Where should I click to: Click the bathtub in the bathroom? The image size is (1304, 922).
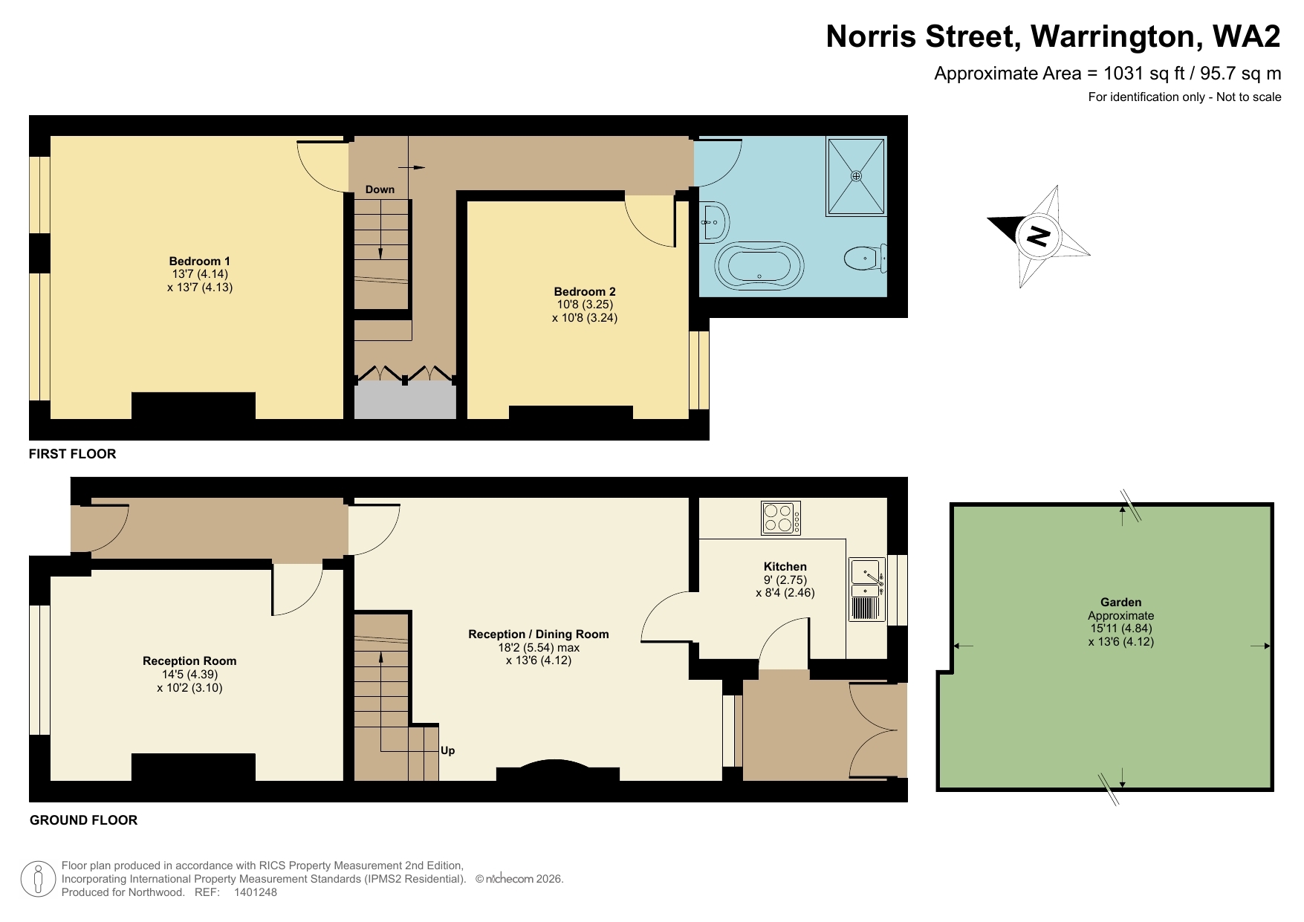(759, 264)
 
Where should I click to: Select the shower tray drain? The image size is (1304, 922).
(856, 176)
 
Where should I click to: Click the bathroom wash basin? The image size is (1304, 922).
(714, 221)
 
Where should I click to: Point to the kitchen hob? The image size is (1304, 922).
(781, 518)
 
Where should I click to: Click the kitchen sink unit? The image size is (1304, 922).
(867, 589)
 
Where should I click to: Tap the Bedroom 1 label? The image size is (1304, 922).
(199, 261)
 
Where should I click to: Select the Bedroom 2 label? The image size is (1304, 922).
(585, 291)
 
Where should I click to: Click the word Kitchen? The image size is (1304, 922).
(785, 566)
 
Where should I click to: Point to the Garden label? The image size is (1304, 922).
(1120, 602)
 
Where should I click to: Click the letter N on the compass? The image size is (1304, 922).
(1038, 236)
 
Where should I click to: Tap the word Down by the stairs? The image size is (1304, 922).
(380, 189)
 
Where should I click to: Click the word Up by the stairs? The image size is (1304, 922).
(447, 750)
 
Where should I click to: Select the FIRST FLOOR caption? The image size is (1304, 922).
(72, 453)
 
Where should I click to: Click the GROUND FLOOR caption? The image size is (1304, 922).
(83, 819)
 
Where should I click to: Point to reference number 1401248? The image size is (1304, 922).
(255, 892)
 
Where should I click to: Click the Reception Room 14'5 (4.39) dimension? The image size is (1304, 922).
(189, 674)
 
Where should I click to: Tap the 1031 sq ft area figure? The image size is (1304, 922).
(1144, 73)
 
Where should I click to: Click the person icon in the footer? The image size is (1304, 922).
(38, 879)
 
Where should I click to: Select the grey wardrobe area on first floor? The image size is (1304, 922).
(404, 401)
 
